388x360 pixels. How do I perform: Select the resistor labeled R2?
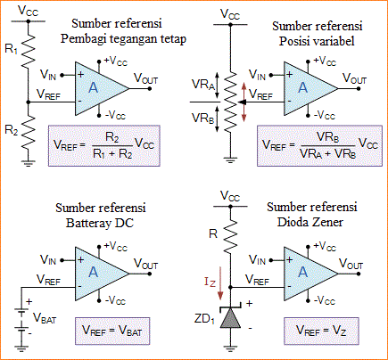[x=29, y=135]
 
